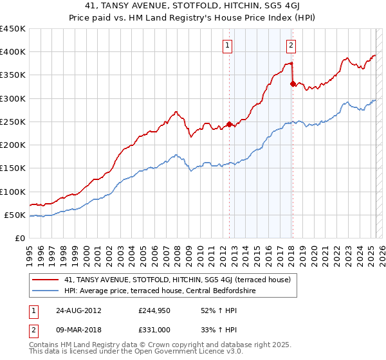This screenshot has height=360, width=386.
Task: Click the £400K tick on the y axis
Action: coord(13,52)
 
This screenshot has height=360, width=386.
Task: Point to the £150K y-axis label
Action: coord(13,168)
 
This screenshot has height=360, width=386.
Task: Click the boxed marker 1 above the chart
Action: coord(228,45)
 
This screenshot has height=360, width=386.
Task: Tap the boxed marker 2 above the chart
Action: coord(291,45)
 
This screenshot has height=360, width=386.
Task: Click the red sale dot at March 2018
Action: coord(292,84)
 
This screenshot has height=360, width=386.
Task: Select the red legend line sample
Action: coord(45,280)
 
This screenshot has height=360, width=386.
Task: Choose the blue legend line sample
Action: coord(45,291)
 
